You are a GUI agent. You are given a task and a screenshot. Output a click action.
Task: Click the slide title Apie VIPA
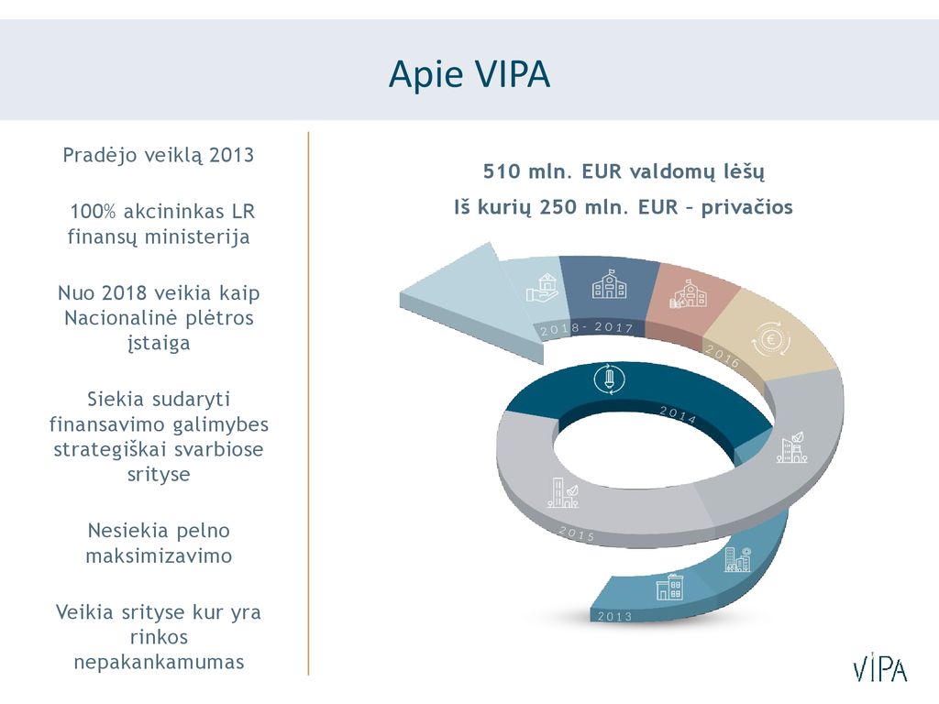(x=469, y=74)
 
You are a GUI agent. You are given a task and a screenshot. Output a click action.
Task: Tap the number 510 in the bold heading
(x=502, y=171)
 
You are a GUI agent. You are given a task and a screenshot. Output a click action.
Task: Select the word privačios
(x=746, y=207)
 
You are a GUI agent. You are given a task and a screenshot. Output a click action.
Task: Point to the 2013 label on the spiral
(x=614, y=616)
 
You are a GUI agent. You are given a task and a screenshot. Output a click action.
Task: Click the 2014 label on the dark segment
(x=678, y=415)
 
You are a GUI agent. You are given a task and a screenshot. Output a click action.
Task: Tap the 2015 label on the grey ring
(x=576, y=533)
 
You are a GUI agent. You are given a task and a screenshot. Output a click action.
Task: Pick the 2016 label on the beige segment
(x=723, y=356)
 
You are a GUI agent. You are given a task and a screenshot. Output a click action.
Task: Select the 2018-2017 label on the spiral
(x=586, y=328)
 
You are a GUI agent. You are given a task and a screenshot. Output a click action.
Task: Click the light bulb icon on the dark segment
(x=610, y=379)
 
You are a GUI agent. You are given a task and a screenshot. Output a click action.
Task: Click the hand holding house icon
(x=543, y=287)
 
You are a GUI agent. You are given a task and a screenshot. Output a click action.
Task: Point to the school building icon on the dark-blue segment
(x=609, y=284)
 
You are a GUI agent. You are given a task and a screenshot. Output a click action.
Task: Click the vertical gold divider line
(x=308, y=403)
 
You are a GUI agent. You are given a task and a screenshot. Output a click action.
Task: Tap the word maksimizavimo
(x=159, y=555)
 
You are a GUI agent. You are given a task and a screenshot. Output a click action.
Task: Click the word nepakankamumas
(x=159, y=662)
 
